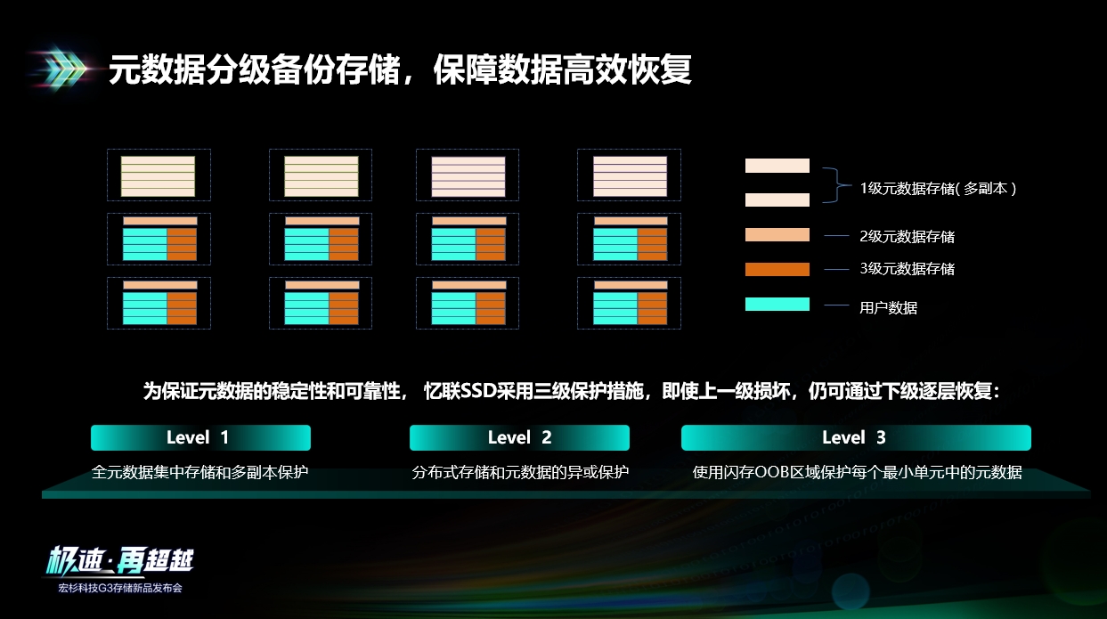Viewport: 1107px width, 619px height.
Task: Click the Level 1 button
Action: (200, 437)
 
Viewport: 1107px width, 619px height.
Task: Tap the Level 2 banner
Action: (519, 437)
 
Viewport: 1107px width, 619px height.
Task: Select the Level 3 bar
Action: (856, 437)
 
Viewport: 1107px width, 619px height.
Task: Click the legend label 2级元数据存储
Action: (908, 236)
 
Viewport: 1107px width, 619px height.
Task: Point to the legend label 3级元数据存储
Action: (908, 268)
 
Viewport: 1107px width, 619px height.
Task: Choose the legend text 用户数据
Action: (888, 307)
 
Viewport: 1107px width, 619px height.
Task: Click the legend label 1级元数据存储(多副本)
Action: (938, 188)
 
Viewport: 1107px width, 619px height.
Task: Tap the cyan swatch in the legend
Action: (777, 304)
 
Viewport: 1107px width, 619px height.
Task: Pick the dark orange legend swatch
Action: (777, 269)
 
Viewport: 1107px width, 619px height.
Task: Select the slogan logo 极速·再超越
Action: (119, 562)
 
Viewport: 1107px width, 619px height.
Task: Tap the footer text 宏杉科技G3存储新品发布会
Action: (120, 588)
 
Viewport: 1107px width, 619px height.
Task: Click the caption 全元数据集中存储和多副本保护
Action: (200, 472)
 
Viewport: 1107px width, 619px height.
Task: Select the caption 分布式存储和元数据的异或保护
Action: (520, 472)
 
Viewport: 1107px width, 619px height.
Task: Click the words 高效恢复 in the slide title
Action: (627, 69)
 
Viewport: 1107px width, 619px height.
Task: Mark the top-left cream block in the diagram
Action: (159, 176)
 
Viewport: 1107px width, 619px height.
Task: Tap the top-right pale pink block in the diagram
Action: (631, 176)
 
